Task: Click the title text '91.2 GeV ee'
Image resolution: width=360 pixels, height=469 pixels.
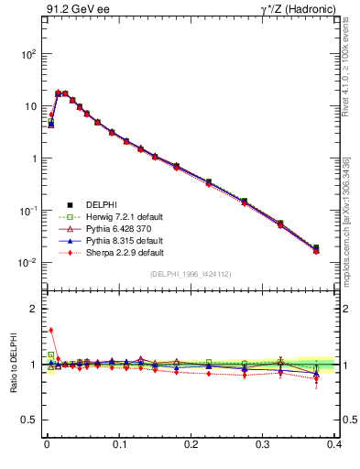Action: (x=72, y=10)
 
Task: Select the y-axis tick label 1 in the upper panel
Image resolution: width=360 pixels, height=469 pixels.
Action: (x=32, y=158)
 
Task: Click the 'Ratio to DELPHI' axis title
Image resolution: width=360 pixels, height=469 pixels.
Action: (x=11, y=364)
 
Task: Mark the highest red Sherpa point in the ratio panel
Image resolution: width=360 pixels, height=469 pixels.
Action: (x=50, y=331)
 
